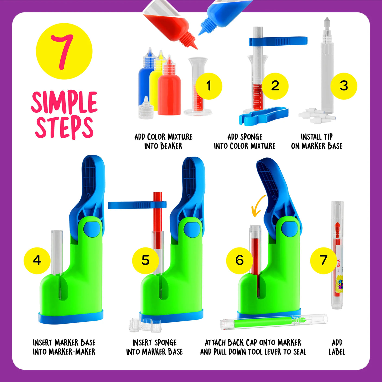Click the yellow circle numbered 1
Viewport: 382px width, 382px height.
(209, 86)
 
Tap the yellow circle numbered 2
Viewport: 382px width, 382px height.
(275, 86)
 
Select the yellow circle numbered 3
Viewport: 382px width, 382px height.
(344, 86)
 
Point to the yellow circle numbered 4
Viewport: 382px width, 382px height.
(37, 260)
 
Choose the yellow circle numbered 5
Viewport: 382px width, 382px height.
(145, 260)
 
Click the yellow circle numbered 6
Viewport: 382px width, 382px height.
(239, 260)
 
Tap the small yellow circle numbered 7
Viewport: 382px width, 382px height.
(323, 260)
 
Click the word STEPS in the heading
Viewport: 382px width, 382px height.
(64, 127)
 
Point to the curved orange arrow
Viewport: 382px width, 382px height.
(258, 206)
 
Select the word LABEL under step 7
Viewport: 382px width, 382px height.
(337, 352)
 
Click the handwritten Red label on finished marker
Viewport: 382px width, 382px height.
(339, 263)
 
